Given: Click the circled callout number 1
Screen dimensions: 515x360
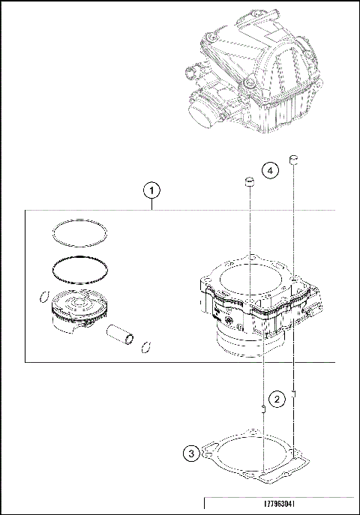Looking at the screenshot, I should pos(153,190).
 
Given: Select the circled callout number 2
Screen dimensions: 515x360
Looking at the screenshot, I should pos(277,399).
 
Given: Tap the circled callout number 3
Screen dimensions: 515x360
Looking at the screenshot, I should pos(191,453).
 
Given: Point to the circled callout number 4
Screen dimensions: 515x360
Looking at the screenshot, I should pos(271,171).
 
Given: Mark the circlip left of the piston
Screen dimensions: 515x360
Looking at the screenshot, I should pos(43,298).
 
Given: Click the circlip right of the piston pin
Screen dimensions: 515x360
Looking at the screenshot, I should pos(146,346).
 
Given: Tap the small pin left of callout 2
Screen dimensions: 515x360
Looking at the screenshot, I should pos(262,409).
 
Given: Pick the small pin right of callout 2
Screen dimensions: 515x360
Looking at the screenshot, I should pos(295,394).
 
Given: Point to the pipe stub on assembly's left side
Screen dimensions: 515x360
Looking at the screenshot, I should pos(190,73).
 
